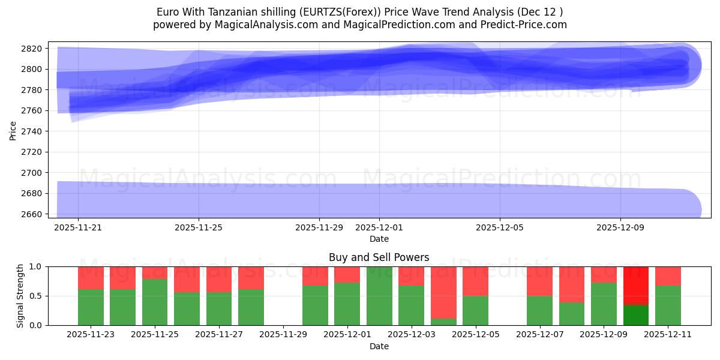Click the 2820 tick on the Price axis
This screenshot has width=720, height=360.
point(34,49)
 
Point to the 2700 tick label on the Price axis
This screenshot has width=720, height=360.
point(34,173)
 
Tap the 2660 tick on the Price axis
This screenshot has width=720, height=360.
point(34,214)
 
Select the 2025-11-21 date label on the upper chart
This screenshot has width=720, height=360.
point(78,228)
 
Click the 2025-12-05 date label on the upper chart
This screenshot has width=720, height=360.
point(499,228)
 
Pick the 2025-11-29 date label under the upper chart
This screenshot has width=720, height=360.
point(319,228)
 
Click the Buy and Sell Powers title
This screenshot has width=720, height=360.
point(379,257)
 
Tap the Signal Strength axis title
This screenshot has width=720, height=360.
point(20,295)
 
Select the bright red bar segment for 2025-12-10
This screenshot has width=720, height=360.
point(636,286)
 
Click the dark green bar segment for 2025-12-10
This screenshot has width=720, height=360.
point(636,315)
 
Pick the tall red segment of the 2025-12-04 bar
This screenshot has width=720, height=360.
point(443,292)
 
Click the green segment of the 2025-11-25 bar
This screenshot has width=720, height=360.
point(155,302)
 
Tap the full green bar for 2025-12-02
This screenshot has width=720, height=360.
point(379,296)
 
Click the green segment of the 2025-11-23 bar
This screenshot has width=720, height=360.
point(91,307)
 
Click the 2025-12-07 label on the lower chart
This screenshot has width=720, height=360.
point(539,335)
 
